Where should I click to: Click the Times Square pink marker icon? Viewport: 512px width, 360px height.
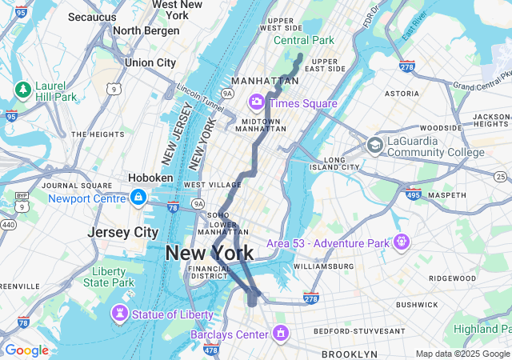click(x=257, y=102)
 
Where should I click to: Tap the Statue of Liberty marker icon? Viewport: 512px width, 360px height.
click(x=120, y=313)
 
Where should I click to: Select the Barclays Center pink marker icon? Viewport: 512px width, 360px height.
click(x=280, y=332)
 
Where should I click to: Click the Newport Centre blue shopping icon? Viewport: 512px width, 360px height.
click(x=138, y=197)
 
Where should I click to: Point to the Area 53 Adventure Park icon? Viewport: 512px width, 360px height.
click(x=401, y=241)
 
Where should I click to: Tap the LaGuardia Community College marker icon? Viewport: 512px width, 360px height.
click(x=374, y=146)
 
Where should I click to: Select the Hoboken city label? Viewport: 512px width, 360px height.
click(x=150, y=178)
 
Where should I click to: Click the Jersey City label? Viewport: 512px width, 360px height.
click(x=123, y=232)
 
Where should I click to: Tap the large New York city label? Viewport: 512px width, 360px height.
click(x=210, y=254)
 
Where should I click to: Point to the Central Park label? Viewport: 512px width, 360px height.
click(x=303, y=40)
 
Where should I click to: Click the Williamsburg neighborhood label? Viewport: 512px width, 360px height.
click(x=322, y=266)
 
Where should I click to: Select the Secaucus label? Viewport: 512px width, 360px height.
click(x=92, y=16)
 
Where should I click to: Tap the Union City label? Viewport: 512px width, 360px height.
click(x=150, y=62)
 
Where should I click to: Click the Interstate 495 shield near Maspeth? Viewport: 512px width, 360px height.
click(x=414, y=194)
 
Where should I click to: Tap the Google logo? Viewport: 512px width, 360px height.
click(x=26, y=350)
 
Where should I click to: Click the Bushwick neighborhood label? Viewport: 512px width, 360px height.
click(x=416, y=305)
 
